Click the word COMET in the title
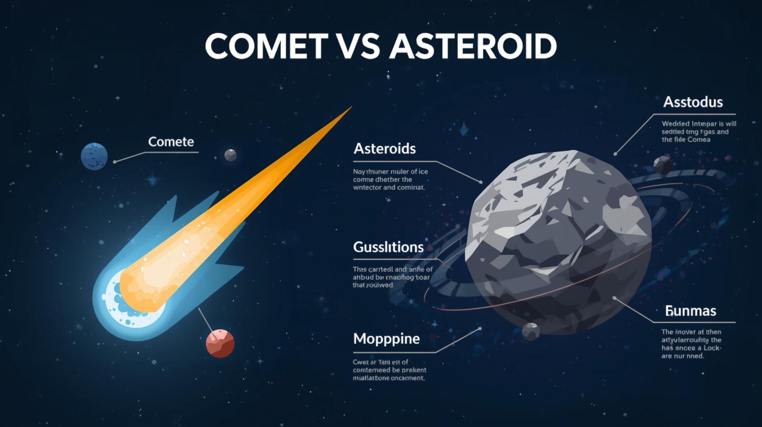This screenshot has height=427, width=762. tap(266, 46)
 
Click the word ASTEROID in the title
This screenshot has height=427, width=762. tap(473, 46)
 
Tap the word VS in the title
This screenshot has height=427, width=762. tap(358, 46)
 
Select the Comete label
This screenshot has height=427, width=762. tap(171, 142)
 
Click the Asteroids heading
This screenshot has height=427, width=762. tap(384, 149)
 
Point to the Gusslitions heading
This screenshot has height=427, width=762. tap(388, 247)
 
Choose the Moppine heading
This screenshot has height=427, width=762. tap(386, 339)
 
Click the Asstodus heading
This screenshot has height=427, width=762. tap(692, 102)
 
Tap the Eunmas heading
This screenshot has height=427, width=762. tap(690, 311)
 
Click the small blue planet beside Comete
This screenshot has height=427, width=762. tap(94, 156)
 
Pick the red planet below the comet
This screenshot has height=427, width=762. tap(220, 343)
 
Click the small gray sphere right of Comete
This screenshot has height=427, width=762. tap(231, 155)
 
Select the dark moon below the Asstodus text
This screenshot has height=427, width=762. tap(663, 165)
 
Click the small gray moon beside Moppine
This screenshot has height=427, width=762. tap(531, 331)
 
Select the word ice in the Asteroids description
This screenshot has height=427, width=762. tap(422, 172)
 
